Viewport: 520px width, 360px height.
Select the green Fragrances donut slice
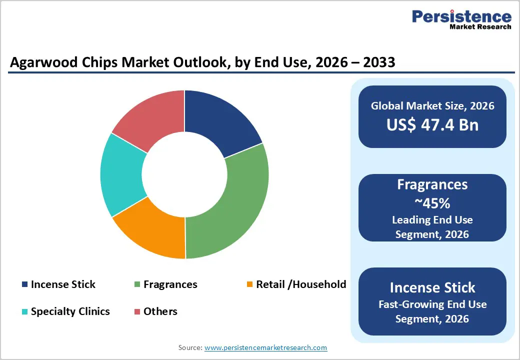235,205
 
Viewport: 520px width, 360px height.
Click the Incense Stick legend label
63,284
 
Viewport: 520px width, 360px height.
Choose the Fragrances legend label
170,284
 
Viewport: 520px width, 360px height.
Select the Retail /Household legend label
300,284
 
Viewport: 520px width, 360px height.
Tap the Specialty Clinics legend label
70,311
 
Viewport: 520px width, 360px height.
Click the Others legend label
160,311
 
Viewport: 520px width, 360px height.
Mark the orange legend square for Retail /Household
250,285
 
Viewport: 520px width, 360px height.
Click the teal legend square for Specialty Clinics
24,312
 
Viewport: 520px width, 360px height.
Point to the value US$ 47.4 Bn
432,124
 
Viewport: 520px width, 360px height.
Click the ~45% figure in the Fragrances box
432,203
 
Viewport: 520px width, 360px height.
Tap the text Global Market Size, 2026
432,105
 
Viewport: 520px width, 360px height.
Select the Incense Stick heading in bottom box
432,287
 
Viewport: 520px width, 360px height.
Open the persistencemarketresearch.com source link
265,347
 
